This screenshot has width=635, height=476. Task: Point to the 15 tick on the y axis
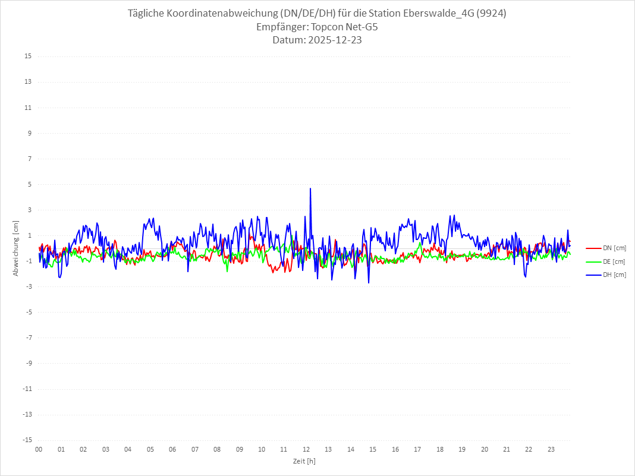tap(28, 56)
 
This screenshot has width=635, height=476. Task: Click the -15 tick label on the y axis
tap(27, 440)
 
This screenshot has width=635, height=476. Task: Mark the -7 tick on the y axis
tap(28, 338)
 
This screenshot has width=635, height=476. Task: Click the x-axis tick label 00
tap(39, 449)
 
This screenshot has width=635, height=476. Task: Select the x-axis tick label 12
tap(306, 449)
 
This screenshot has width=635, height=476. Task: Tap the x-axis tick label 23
tap(551, 449)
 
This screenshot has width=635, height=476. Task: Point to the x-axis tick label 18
tap(440, 449)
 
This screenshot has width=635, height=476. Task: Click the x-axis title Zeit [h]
tap(304, 461)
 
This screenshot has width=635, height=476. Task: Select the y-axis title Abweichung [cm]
tap(16, 248)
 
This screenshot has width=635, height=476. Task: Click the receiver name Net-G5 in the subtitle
tap(362, 27)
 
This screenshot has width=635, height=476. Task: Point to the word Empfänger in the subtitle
tap(279, 27)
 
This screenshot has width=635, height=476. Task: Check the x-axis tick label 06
tap(172, 449)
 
